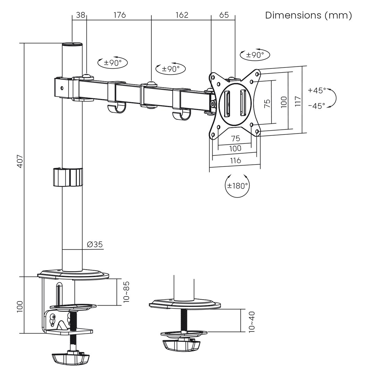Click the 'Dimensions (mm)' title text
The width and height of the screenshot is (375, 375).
point(308,15)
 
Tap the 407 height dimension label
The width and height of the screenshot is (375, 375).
point(20,161)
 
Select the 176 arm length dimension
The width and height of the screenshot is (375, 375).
point(119,15)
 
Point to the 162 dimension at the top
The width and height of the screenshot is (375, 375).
point(182,15)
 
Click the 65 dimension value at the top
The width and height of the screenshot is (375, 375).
point(224,15)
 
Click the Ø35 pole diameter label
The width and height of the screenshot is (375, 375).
point(95,244)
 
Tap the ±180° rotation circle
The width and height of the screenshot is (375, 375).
point(237,185)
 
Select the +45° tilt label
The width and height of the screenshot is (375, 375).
point(317,91)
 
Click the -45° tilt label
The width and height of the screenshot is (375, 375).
point(317,106)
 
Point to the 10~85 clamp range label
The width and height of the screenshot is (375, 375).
point(126,292)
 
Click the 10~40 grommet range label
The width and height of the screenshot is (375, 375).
point(252,322)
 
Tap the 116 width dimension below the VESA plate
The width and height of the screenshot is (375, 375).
point(235,160)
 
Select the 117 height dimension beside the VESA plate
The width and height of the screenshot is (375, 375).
point(298,101)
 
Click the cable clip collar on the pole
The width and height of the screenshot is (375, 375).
point(68,177)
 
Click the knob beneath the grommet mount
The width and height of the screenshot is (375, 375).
point(182,345)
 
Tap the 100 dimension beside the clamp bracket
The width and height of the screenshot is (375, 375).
point(20,306)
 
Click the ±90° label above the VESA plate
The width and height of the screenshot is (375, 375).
point(255,55)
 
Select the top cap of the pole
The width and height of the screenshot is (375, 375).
point(72,44)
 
